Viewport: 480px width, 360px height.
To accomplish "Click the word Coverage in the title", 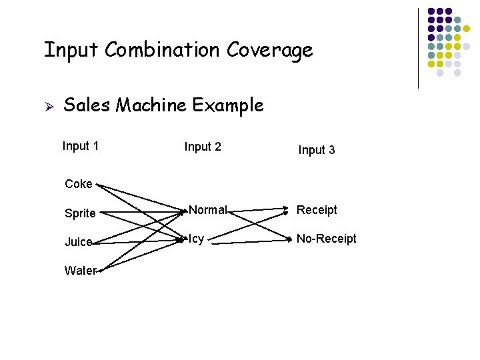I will (x=269, y=51).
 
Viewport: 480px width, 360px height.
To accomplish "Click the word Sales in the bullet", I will (x=87, y=105).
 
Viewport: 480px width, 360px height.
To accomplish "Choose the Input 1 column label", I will (x=81, y=146).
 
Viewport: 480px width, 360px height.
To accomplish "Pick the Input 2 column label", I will (x=203, y=147).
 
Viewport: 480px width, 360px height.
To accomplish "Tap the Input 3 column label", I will (x=317, y=150).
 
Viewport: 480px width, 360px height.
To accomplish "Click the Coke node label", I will (x=79, y=184).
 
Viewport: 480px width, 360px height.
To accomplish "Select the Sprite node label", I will (x=80, y=213).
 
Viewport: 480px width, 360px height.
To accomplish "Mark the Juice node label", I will (x=79, y=242).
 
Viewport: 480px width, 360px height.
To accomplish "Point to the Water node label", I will (x=80, y=271).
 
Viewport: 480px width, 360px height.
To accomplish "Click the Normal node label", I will (x=207, y=210).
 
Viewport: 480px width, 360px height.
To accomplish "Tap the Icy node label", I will (x=197, y=239).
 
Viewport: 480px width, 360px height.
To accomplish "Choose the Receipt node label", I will (x=317, y=210).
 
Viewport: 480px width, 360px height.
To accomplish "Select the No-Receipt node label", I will (x=327, y=239).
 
